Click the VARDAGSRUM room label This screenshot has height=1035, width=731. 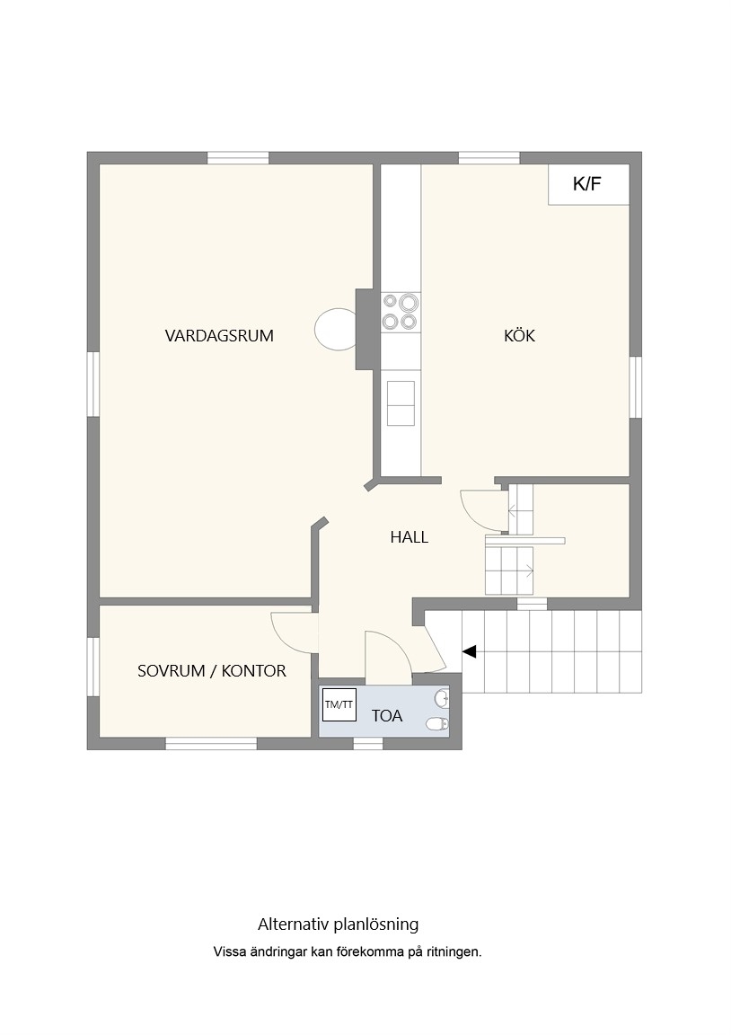(219, 335)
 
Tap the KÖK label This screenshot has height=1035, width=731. (519, 335)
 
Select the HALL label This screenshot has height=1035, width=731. (409, 537)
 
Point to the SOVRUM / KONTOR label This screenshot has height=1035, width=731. (212, 670)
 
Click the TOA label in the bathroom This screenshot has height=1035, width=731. (387, 715)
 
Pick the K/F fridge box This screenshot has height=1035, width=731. (588, 184)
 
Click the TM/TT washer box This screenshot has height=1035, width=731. (339, 704)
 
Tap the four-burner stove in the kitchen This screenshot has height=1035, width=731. (401, 313)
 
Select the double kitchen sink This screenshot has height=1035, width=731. (401, 403)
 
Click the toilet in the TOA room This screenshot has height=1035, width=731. (437, 724)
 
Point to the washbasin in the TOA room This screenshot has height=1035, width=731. (442, 699)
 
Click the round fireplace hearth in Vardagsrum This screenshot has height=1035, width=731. (336, 330)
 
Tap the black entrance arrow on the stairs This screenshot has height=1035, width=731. (469, 651)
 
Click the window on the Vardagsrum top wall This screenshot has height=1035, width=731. (238, 158)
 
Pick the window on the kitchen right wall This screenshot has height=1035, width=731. (635, 387)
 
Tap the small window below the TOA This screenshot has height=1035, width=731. (368, 744)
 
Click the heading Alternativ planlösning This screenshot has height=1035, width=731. (339, 924)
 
